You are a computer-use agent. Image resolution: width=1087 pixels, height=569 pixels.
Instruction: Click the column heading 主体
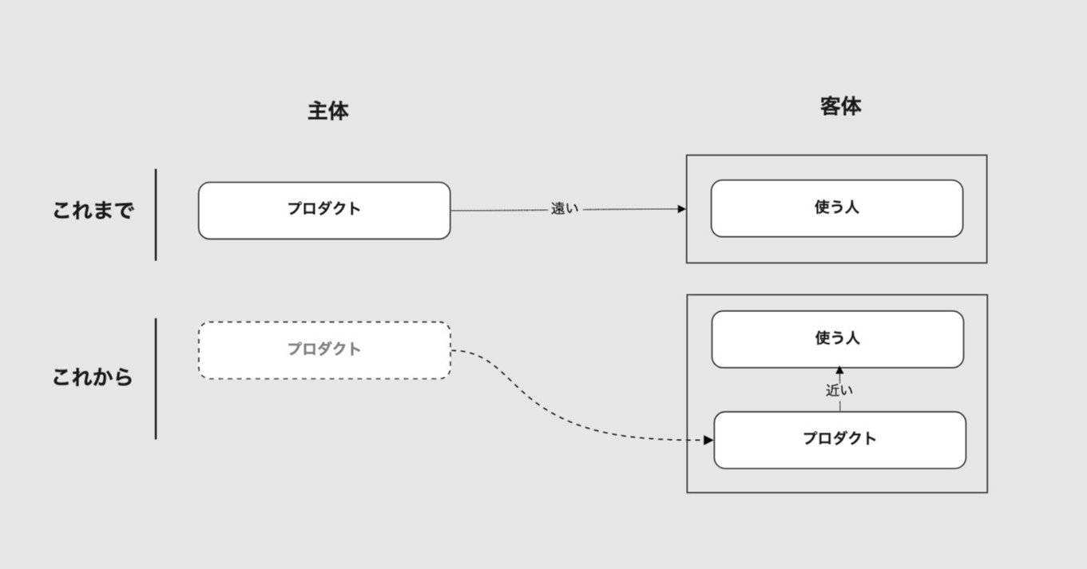click(328, 111)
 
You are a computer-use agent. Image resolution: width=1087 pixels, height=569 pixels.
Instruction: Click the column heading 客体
click(841, 107)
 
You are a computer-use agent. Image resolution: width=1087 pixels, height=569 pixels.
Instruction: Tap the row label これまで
click(93, 211)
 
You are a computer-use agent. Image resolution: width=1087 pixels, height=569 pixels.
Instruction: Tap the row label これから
click(92, 377)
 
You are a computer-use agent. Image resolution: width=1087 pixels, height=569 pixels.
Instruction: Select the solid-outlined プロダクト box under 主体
click(324, 211)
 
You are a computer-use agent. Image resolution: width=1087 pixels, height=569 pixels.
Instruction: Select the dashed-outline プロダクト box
click(324, 350)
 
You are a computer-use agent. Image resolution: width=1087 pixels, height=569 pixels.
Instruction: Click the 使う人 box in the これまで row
click(837, 208)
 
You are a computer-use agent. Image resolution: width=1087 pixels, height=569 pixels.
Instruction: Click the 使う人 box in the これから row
click(838, 339)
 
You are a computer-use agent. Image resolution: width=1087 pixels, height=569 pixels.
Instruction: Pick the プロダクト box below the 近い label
click(840, 440)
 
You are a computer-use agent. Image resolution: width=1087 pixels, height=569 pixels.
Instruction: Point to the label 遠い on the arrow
click(565, 209)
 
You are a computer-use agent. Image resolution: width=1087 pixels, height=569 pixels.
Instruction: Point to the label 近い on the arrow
click(839, 390)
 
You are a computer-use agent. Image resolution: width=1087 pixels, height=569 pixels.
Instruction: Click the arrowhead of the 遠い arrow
click(682, 209)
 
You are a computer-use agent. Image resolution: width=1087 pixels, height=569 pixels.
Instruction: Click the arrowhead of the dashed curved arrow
click(708, 440)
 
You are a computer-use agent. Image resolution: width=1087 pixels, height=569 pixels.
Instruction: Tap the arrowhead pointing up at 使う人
click(839, 370)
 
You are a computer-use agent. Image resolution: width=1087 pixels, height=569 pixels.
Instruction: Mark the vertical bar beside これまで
click(156, 215)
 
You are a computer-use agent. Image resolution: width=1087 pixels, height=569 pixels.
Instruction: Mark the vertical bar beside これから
click(156, 379)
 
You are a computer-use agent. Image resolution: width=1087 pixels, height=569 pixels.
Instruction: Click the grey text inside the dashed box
click(324, 349)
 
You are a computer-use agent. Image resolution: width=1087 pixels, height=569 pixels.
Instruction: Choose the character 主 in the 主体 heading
click(317, 111)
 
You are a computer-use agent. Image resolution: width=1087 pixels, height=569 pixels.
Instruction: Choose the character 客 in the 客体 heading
click(831, 107)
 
